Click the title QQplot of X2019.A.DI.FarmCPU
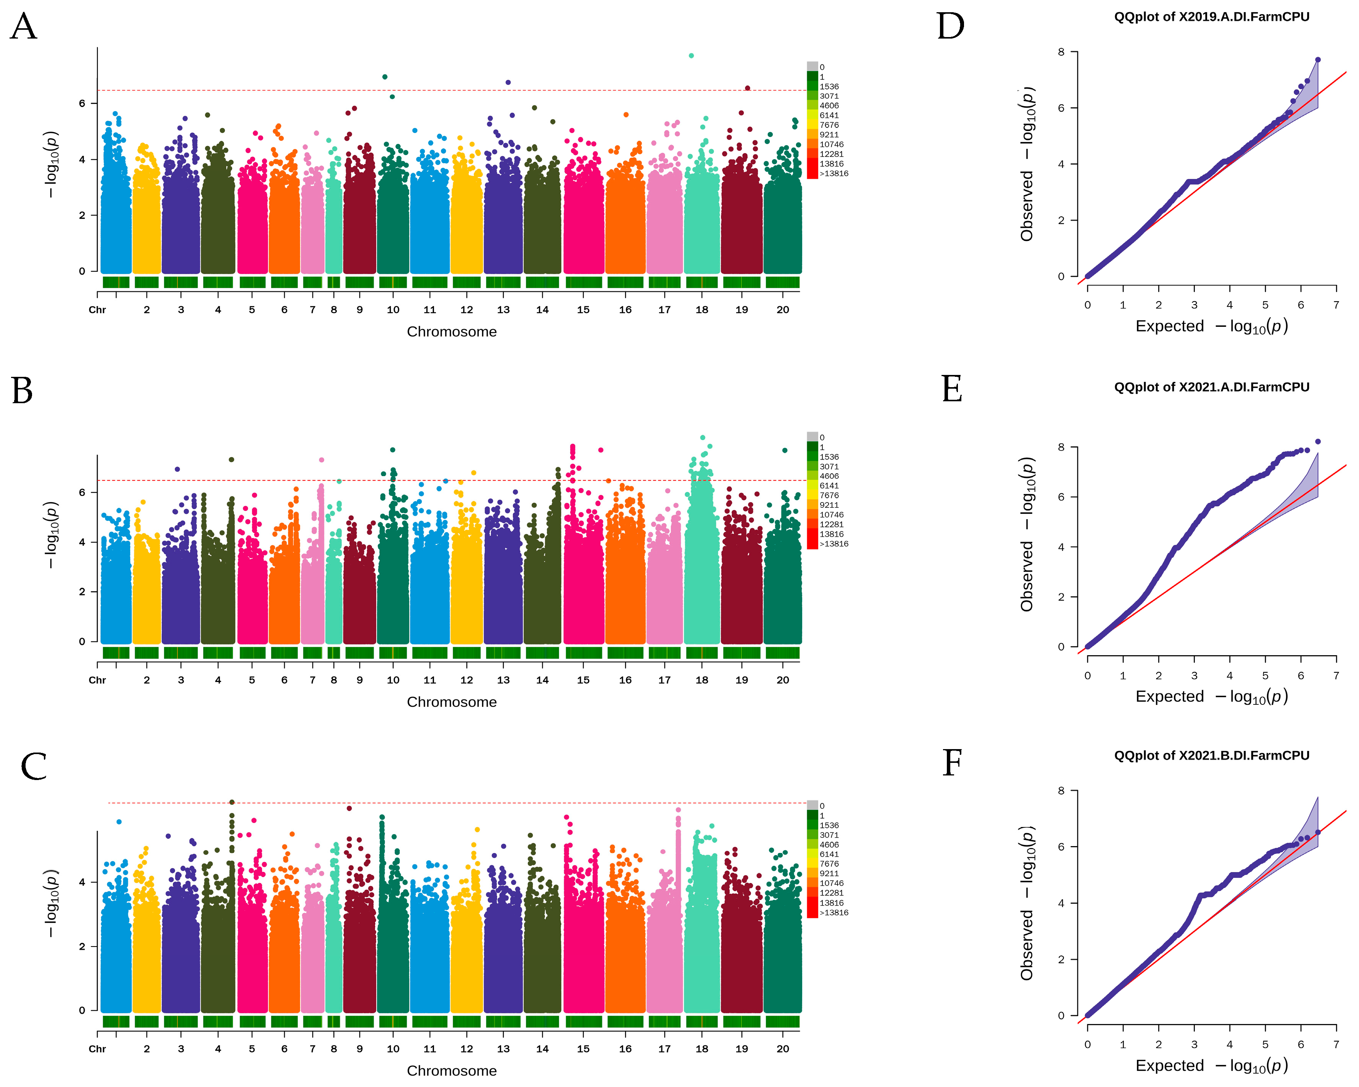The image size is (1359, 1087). [1212, 17]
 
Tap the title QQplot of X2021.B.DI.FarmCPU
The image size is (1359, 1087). [1212, 755]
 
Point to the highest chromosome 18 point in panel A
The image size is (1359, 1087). [692, 55]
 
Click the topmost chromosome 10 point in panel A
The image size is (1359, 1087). [385, 77]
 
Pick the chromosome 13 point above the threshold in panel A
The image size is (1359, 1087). [508, 82]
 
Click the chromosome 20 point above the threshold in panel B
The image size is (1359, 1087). [785, 450]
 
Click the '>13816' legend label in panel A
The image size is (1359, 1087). [834, 173]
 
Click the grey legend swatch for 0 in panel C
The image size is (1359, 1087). [812, 805]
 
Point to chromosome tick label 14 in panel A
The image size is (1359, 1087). [542, 310]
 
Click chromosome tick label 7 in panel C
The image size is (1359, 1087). [312, 1048]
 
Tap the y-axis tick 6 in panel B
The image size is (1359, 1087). [82, 493]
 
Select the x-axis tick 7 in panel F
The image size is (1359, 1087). [1336, 1044]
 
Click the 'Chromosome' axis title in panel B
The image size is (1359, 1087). [451, 702]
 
